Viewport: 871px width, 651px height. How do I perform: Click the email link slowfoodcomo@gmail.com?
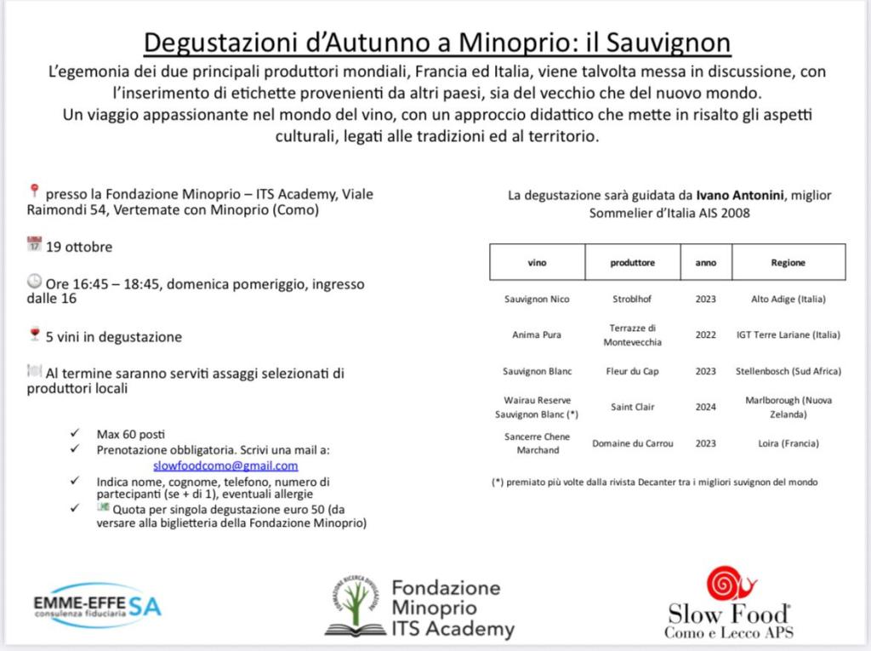click(x=225, y=465)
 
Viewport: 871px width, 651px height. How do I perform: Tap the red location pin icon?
click(x=34, y=191)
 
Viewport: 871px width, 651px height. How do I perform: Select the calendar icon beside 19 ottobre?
click(x=34, y=244)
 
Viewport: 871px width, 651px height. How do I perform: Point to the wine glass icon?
click(x=34, y=334)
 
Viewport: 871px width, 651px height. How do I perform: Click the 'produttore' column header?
click(x=633, y=263)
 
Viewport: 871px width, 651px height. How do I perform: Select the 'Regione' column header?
click(x=788, y=263)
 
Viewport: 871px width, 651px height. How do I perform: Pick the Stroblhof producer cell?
click(x=633, y=300)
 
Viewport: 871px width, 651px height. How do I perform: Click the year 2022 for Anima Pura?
click(x=705, y=335)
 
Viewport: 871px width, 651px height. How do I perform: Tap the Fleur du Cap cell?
click(x=633, y=371)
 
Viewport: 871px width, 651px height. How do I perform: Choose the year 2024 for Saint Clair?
click(x=705, y=407)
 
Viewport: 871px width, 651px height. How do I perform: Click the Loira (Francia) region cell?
click(x=788, y=443)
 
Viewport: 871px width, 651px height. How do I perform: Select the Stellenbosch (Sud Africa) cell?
click(x=788, y=371)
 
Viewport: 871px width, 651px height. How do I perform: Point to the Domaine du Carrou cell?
click(x=633, y=443)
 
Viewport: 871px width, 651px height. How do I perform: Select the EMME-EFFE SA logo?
click(x=97, y=605)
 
